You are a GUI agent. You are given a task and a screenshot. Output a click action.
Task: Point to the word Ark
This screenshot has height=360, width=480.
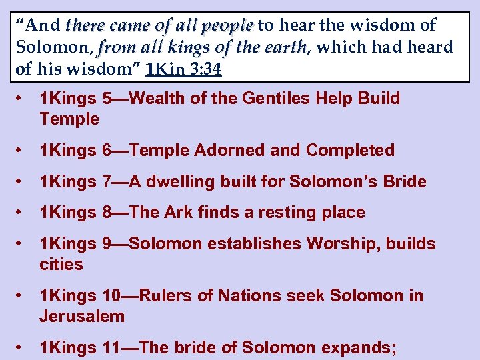point(175,213)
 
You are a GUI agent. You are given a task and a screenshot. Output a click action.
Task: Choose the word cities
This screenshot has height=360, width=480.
point(61,264)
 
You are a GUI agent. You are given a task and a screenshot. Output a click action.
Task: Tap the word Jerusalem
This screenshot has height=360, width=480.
point(82,316)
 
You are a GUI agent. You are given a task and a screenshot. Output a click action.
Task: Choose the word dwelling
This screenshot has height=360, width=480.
point(175,181)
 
